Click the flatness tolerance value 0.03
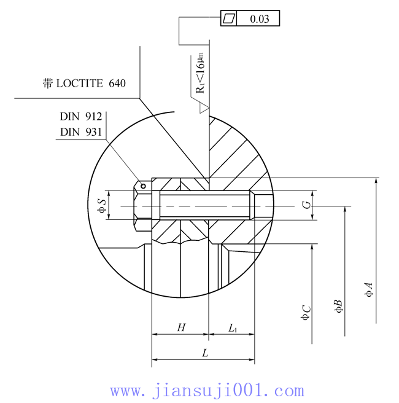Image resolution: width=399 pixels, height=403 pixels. [259, 19]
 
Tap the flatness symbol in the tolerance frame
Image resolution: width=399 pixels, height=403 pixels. [228, 19]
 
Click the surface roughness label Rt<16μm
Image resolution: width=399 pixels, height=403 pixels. [200, 72]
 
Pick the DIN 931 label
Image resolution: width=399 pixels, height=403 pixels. [80, 131]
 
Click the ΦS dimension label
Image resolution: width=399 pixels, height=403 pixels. [102, 205]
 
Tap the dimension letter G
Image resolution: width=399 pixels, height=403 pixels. [305, 205]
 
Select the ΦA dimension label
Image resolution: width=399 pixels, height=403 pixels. [368, 289]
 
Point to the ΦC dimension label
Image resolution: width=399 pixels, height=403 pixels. [305, 312]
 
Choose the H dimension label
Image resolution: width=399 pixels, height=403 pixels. [181, 328]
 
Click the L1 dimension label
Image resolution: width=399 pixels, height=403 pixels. [233, 329]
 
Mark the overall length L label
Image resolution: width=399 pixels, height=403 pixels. [205, 353]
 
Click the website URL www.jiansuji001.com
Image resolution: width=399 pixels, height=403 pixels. [206, 391]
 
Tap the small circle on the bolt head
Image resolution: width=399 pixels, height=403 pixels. [143, 184]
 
